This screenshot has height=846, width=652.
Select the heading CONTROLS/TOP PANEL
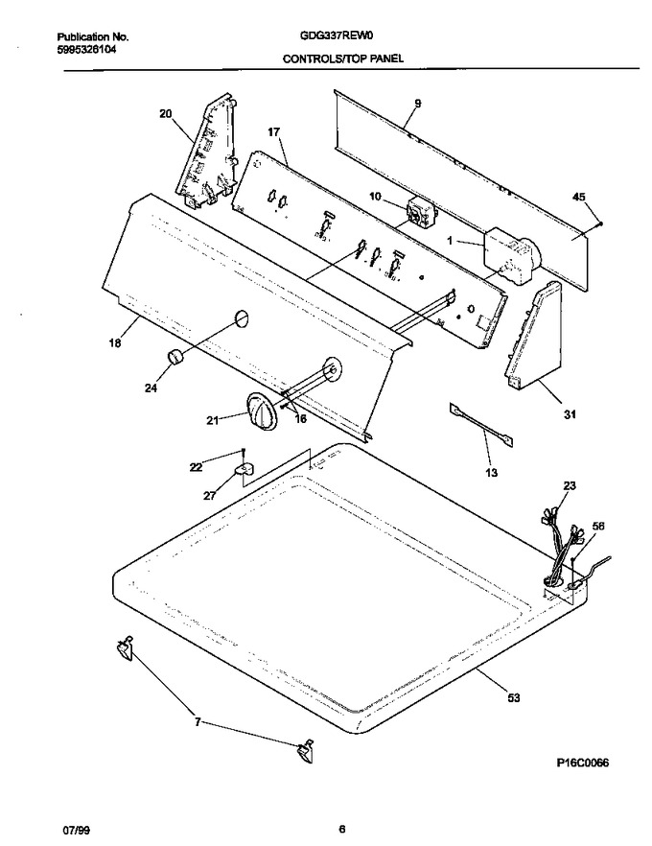[343, 59]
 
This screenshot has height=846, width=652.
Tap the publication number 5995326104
[86, 49]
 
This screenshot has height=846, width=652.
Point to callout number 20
[166, 113]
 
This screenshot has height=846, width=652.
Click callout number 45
[579, 198]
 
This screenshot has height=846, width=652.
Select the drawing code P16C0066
[582, 763]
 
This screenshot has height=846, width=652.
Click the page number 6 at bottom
[341, 830]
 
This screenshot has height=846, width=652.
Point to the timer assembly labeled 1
[510, 255]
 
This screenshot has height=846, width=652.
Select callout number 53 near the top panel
[514, 698]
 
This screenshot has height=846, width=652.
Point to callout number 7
[198, 722]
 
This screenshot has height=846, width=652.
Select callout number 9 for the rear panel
[418, 104]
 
